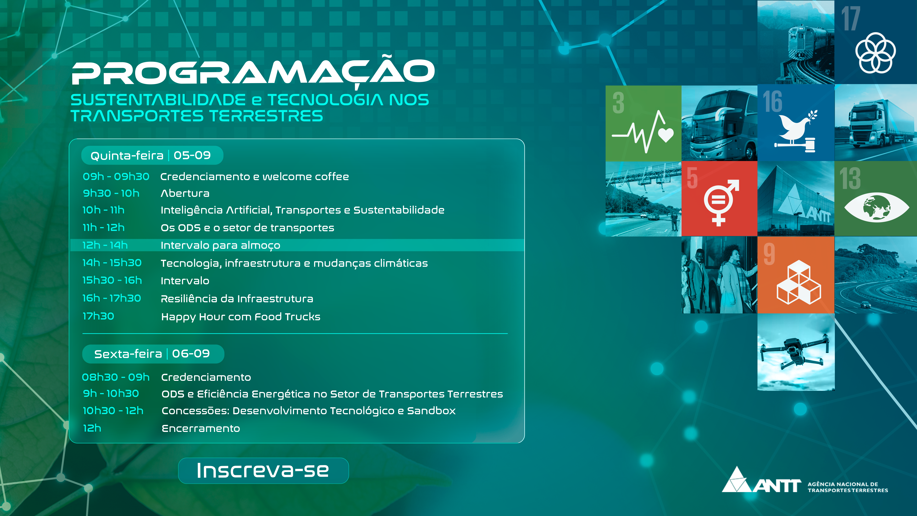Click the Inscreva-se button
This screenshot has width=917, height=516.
(263, 470)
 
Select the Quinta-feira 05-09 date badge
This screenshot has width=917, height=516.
(152, 155)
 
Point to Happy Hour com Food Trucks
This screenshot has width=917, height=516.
(241, 317)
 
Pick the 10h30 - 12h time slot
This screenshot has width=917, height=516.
(113, 411)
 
